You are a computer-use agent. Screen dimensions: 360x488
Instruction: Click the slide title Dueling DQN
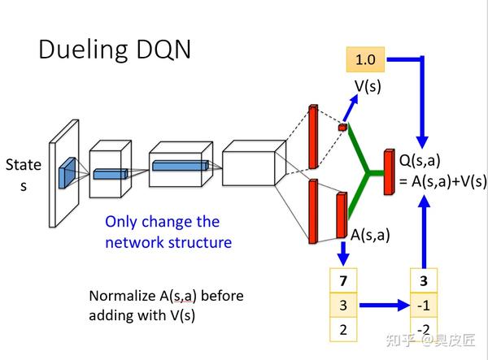[115, 50]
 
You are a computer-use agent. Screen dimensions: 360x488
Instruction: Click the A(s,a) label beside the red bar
[371, 235]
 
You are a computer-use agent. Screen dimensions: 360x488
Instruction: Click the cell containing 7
[342, 281]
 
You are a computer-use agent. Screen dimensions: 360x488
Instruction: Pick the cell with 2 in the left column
[342, 329]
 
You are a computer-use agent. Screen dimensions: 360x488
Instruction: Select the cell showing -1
[422, 306]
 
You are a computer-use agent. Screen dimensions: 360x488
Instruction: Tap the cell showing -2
[422, 329]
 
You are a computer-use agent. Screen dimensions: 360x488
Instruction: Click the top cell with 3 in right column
[422, 281]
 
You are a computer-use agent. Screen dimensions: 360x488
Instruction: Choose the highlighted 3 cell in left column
[342, 306]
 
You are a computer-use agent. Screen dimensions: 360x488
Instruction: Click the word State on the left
[23, 165]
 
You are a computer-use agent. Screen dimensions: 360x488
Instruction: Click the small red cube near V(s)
[342, 128]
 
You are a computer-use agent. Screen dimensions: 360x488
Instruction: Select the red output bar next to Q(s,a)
[388, 173]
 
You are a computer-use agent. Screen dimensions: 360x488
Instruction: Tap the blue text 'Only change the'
[163, 222]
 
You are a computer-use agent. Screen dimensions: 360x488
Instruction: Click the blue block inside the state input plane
[66, 170]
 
